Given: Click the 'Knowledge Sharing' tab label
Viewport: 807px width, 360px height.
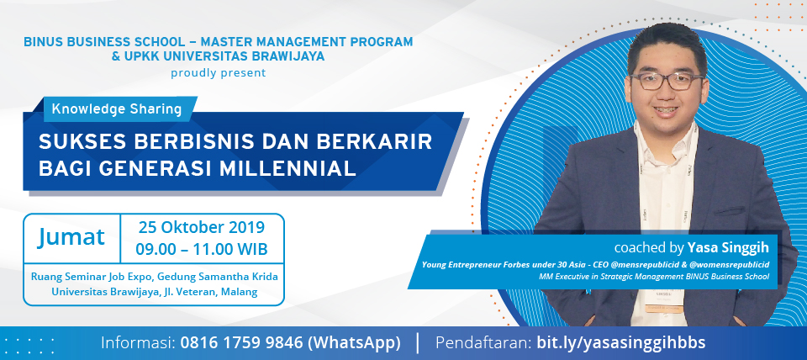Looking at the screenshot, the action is click(117, 109).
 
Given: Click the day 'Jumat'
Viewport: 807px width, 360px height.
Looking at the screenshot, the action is click(71, 238).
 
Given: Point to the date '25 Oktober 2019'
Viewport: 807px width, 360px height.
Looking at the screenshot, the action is click(202, 227).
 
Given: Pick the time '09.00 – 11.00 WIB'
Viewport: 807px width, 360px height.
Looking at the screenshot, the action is click(202, 249).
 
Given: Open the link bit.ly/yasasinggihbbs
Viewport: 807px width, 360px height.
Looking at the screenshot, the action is click(620, 343).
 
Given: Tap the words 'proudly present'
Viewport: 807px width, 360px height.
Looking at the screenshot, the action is click(219, 73).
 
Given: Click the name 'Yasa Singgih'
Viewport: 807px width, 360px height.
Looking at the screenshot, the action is click(728, 248).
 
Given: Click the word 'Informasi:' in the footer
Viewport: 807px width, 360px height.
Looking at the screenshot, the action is click(138, 343).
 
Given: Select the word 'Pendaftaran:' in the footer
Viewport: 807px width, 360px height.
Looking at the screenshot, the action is click(483, 343).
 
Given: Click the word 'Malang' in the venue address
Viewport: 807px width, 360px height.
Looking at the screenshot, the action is click(240, 292).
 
